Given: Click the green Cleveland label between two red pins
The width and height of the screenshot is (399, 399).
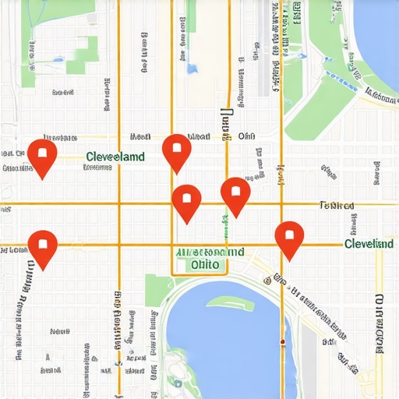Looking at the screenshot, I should click(115, 157).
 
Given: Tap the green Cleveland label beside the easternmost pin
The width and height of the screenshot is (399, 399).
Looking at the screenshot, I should click(369, 244).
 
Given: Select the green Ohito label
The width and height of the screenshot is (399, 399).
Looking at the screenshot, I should click(208, 265).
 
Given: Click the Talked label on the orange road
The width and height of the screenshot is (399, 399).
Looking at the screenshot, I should click(337, 206).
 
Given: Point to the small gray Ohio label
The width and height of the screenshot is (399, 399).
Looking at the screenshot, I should click(246, 136).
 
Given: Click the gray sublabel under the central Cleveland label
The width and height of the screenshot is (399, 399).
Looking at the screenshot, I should click(98, 167).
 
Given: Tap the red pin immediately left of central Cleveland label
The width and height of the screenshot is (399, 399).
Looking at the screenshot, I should click(42, 157).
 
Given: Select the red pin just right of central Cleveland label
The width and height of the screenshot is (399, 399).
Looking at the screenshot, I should click(177, 151).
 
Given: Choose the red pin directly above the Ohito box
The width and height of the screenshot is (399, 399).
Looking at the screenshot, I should click(186, 202).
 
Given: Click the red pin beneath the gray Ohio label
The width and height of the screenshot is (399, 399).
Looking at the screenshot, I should click(235, 195).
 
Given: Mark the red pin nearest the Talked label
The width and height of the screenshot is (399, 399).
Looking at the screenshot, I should click(289, 238).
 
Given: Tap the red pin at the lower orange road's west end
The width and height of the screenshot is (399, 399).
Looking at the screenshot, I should click(42, 248).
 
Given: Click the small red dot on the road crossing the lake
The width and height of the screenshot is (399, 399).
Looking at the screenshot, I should click(282, 341).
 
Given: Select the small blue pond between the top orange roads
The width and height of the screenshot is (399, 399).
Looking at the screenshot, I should click(192, 69).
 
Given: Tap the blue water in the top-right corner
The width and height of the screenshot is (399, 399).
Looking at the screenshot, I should click(378, 31).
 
